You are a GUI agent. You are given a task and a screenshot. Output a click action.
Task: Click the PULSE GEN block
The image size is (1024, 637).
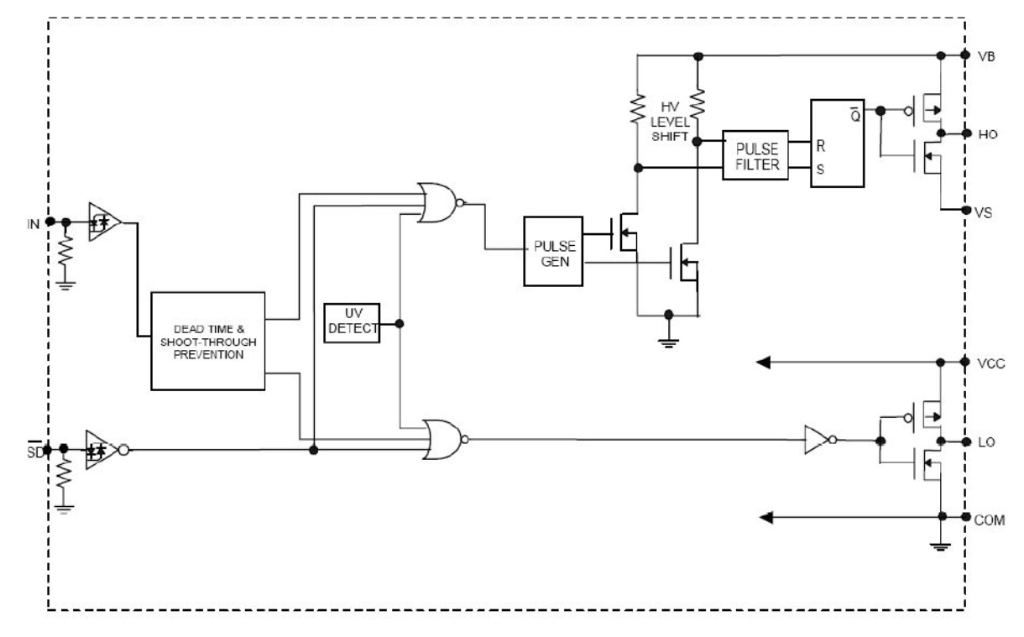tap(553, 251)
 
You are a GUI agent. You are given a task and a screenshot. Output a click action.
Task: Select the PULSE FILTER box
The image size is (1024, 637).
tap(755, 155)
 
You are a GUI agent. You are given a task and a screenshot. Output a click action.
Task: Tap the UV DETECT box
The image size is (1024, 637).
tap(352, 323)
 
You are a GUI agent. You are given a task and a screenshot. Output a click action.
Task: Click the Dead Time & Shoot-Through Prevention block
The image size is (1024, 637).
tap(208, 341)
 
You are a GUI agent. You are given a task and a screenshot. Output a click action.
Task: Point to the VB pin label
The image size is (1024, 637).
tap(986, 57)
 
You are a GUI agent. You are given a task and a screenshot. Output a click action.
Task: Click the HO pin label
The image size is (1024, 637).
tap(987, 134)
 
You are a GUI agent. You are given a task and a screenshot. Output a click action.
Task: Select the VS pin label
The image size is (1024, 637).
tap(983, 213)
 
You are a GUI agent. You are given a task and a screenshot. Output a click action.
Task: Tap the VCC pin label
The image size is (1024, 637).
tap(990, 363)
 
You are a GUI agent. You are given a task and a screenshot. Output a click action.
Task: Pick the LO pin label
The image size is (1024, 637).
tap(986, 442)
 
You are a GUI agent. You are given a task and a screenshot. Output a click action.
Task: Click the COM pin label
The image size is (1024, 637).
tap(990, 520)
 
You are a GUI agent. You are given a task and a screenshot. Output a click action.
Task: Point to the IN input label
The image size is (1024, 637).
tap(34, 224)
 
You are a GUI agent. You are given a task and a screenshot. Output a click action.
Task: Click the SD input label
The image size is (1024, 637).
tap(34, 451)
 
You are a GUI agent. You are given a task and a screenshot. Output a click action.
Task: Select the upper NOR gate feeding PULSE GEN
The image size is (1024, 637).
tap(440, 203)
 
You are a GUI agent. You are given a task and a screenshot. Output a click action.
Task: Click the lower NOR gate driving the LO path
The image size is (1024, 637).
tap(445, 440)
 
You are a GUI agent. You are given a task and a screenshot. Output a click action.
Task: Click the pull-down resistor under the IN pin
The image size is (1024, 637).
tap(65, 251)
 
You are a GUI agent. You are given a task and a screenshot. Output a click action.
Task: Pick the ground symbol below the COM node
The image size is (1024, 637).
tap(940, 547)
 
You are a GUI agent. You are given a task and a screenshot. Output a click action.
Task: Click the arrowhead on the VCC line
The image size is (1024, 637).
tap(764, 363)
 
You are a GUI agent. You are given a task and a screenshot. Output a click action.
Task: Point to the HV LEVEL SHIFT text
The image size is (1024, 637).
tap(670, 122)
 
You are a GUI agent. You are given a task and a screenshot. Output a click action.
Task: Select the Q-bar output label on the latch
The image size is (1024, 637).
tap(855, 114)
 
